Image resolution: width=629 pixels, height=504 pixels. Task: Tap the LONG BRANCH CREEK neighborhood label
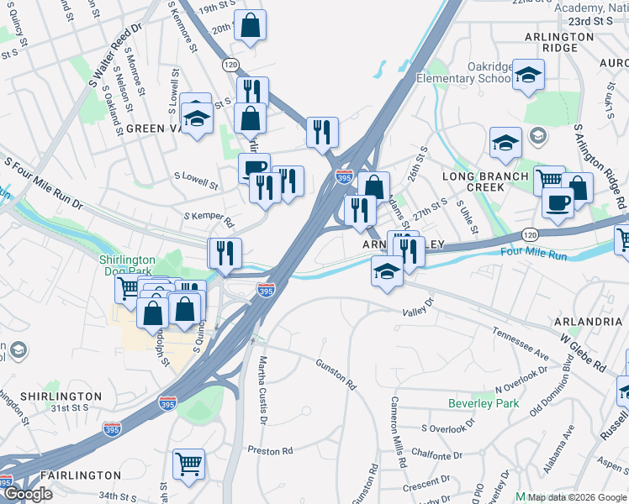[485, 181]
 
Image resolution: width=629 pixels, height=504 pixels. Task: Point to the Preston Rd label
[270, 451]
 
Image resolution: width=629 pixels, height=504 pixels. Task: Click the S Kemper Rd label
[209, 219]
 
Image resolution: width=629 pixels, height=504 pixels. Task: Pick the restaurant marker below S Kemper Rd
[225, 253]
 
